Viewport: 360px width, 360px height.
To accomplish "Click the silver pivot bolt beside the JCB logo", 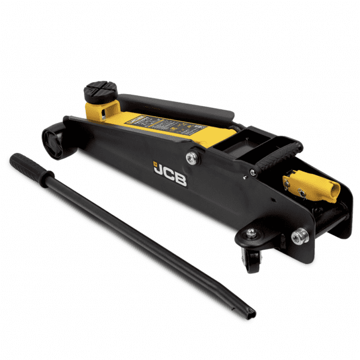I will click(x=191, y=158).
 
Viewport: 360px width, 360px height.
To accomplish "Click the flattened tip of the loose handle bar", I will click(x=249, y=310).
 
